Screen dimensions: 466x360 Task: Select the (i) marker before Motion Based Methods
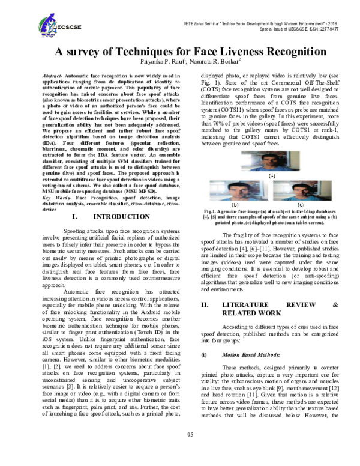click(203, 355)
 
